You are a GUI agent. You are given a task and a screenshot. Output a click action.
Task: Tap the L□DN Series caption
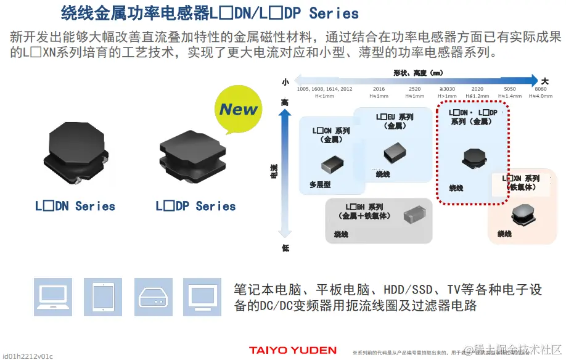75,207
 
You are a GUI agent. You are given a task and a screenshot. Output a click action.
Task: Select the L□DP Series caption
195,207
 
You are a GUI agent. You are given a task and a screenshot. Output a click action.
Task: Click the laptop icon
53,297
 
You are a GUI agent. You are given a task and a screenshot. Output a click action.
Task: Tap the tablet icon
102,297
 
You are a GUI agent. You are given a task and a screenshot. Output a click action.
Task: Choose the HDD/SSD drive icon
152,297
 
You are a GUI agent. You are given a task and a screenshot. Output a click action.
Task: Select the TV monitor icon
202,297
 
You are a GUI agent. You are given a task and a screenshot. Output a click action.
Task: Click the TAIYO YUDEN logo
293,350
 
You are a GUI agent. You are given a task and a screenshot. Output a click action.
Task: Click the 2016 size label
379,89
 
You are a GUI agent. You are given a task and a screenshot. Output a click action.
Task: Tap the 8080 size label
540,89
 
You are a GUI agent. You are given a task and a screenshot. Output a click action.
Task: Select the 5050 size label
509,89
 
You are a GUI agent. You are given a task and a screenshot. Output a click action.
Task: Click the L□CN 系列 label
331,131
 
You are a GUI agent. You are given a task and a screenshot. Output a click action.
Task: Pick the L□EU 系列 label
395,117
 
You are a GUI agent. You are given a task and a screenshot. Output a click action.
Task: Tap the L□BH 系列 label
364,207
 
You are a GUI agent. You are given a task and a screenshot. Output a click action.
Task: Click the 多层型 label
320,184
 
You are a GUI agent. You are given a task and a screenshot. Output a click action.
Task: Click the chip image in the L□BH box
414,214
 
